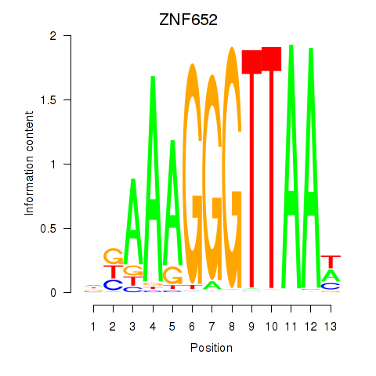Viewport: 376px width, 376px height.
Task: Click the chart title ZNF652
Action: click(188, 20)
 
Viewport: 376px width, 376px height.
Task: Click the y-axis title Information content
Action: click(29, 164)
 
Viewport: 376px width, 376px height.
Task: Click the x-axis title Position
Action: click(211, 348)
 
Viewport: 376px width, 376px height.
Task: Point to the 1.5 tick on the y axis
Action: click(67, 99)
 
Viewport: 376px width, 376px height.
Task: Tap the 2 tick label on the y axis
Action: click(53, 36)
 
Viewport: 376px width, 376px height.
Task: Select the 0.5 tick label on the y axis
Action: click(49, 229)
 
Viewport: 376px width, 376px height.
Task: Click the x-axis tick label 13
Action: click(331, 327)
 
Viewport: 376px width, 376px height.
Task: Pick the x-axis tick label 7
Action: click(211, 327)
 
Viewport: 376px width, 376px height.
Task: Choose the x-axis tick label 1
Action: click(93, 327)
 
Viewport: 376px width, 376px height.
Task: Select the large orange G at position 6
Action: click(193, 174)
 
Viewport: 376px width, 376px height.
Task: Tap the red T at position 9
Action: click(251, 168)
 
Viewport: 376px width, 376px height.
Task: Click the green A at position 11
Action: click(291, 167)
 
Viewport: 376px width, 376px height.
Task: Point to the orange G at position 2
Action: click(114, 256)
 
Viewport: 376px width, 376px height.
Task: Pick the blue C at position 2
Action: click(114, 285)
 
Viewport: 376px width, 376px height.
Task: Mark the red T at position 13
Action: click(331, 262)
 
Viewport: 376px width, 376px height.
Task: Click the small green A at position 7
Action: click(212, 285)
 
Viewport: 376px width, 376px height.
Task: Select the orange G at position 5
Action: click(172, 275)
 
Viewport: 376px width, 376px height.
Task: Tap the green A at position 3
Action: click(133, 222)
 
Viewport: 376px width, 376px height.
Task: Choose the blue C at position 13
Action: click(331, 286)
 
